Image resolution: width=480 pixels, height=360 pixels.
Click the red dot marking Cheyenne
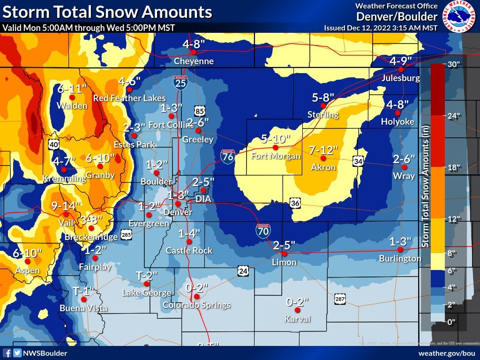pyautogui.click(x=193, y=52)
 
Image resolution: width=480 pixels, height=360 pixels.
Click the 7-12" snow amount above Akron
pyautogui.click(x=323, y=150)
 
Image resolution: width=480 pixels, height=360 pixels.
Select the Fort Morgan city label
pyautogui.click(x=276, y=156)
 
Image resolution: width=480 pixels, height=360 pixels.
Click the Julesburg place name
pyautogui.click(x=401, y=78)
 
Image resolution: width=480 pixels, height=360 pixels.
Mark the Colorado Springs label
pyautogui.click(x=196, y=305)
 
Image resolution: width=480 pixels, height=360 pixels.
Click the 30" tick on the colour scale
pyautogui.click(x=451, y=65)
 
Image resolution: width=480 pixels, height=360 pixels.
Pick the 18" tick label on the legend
pyautogui.click(x=451, y=167)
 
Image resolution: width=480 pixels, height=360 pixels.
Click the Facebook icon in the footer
pyautogui.click(x=7, y=353)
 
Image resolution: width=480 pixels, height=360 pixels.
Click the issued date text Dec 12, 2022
pyautogui.click(x=381, y=28)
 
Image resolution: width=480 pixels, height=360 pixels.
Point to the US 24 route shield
pyautogui.click(x=242, y=271)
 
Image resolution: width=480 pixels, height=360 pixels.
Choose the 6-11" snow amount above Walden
pyautogui.click(x=72, y=88)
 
